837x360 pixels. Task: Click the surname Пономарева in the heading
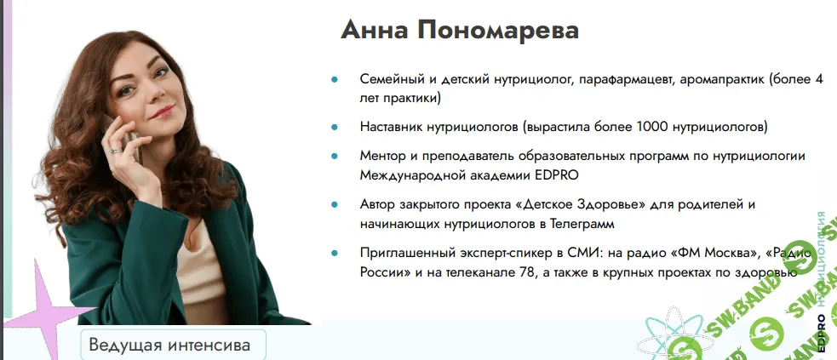click(498, 30)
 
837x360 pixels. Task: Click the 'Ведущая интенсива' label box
click(173, 345)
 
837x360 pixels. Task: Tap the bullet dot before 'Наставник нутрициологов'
click(335, 128)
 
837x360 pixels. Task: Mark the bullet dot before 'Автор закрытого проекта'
click(335, 205)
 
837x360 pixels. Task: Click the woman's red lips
click(163, 112)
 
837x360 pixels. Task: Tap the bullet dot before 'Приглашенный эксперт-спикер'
click(335, 253)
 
